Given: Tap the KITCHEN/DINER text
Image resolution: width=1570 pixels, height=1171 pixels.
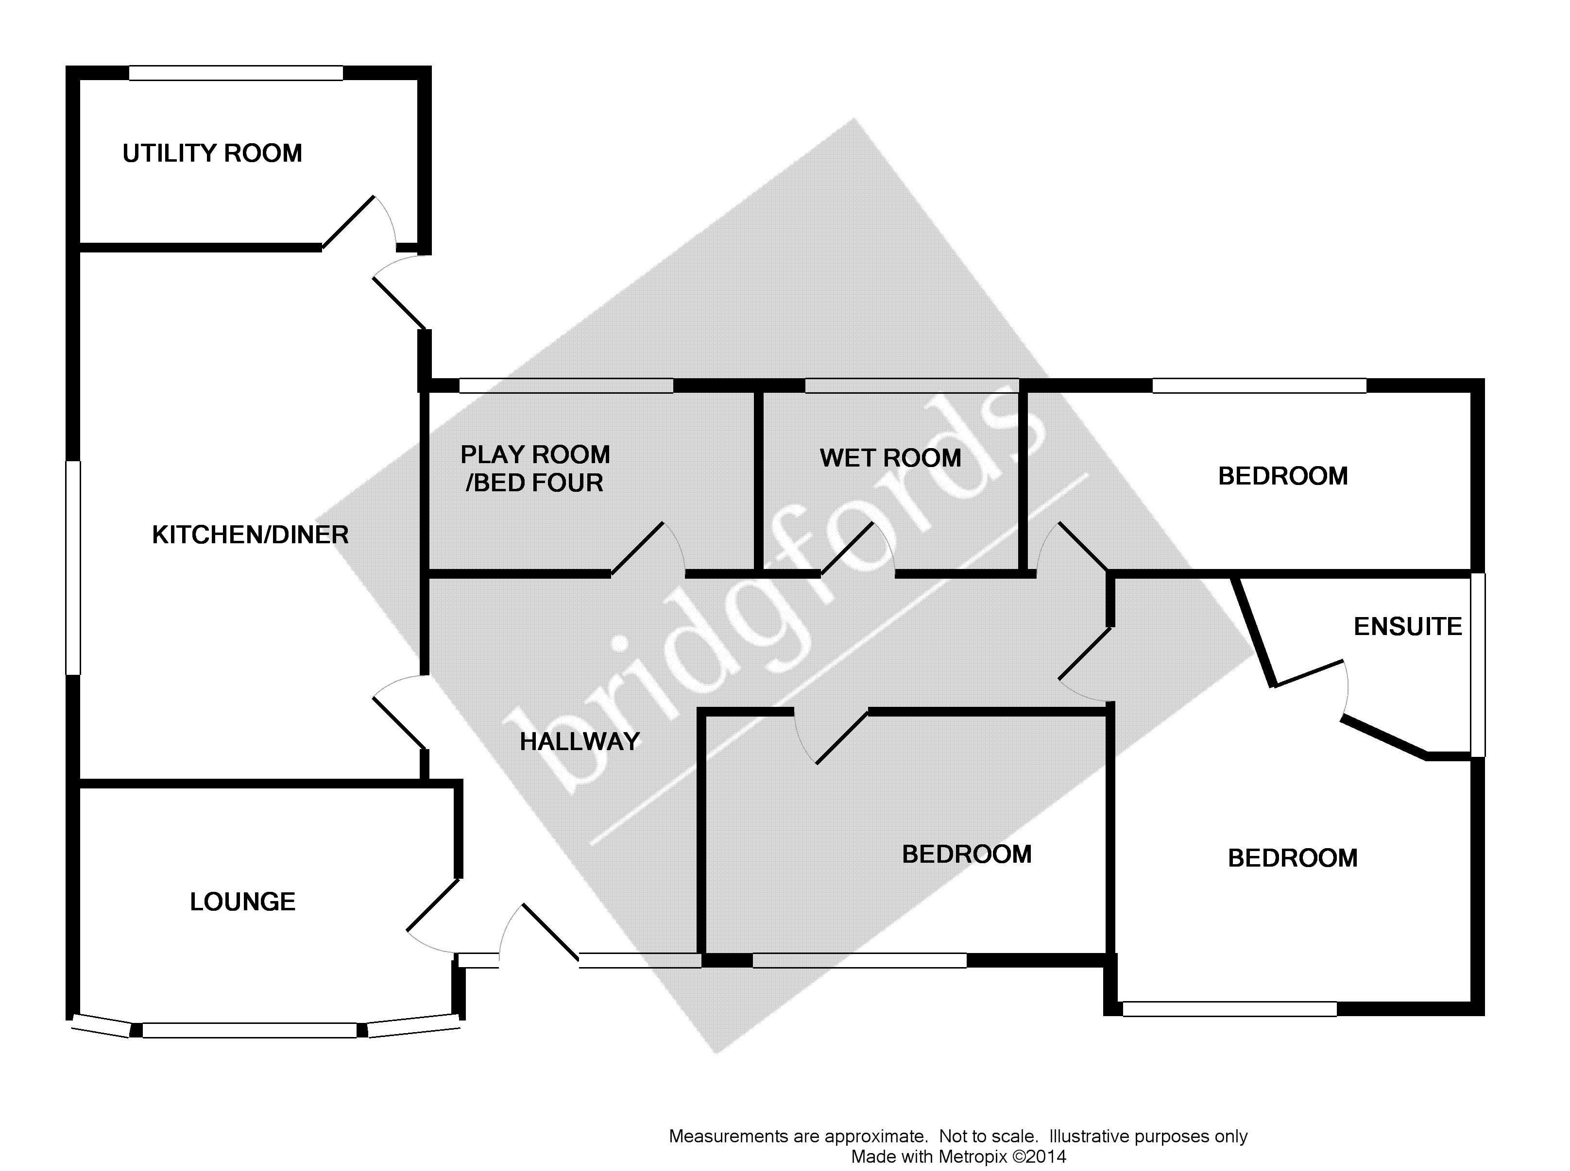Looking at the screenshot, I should click(250, 535).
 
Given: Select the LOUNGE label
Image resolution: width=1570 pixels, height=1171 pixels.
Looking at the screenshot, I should click(242, 902).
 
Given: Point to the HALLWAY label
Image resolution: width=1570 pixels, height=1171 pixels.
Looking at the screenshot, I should click(580, 741).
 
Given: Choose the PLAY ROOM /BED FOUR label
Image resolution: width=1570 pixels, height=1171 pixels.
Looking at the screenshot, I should click(535, 468).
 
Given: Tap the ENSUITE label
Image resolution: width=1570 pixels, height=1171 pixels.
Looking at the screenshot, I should click(1408, 627).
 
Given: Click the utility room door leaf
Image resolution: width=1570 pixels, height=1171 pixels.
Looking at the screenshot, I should click(348, 222).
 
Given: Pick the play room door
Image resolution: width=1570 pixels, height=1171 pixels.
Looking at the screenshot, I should click(637, 548).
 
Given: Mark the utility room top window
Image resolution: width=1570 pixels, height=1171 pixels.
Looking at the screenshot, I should click(236, 73).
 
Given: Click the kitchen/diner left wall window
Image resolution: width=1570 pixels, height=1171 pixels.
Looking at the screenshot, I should click(73, 567).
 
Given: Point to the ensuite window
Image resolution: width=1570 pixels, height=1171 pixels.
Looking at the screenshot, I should click(1477, 665).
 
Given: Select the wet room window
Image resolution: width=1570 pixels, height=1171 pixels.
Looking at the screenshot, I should click(912, 385).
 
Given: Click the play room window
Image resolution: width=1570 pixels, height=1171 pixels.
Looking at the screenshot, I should click(566, 385).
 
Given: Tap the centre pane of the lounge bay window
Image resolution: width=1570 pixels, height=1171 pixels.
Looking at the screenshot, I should click(250, 1030).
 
